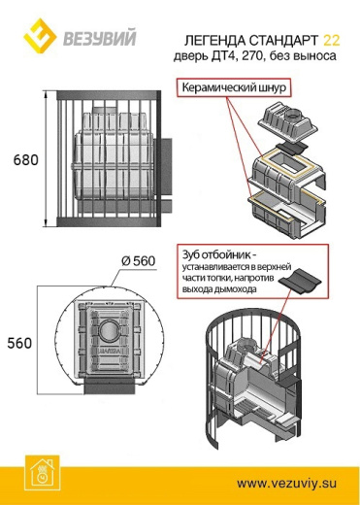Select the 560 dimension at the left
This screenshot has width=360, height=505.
pyautogui.click(x=20, y=343)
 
